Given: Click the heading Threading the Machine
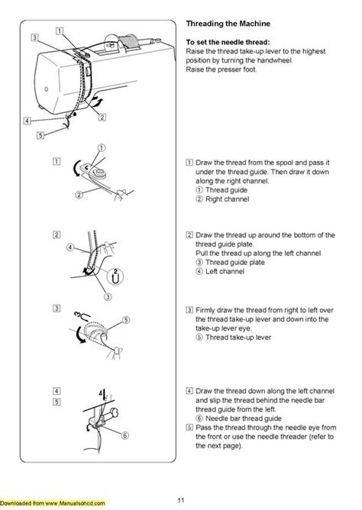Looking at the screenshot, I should tap(228, 24).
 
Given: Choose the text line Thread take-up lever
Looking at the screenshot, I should tap(233, 336).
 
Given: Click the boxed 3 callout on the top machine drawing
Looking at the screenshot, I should tap(35, 37).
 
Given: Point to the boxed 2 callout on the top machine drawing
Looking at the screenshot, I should tap(102, 117).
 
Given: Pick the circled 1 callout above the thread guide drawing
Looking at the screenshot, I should tap(99, 147).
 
